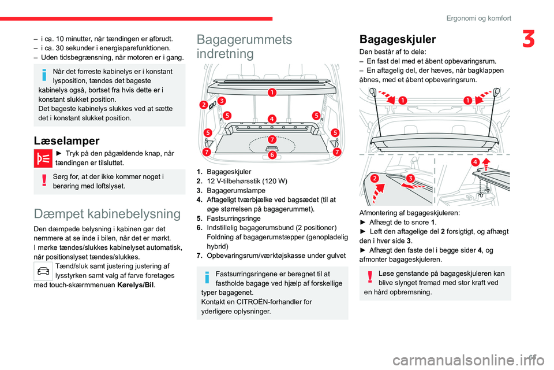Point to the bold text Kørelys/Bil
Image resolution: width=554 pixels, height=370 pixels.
coord(136,284)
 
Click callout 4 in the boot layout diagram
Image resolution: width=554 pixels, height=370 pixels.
coord(271,119)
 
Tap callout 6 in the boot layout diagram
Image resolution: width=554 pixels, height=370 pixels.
coord(271,154)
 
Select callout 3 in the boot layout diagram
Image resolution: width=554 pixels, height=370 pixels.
coord(222,101)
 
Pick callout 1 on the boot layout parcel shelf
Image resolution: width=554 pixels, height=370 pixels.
coord(271,92)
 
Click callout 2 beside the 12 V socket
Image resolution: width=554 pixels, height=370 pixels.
coord(204,105)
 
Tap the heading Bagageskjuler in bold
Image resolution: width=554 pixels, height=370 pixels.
coord(398,39)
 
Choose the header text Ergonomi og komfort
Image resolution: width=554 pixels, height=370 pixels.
coord(478,18)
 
